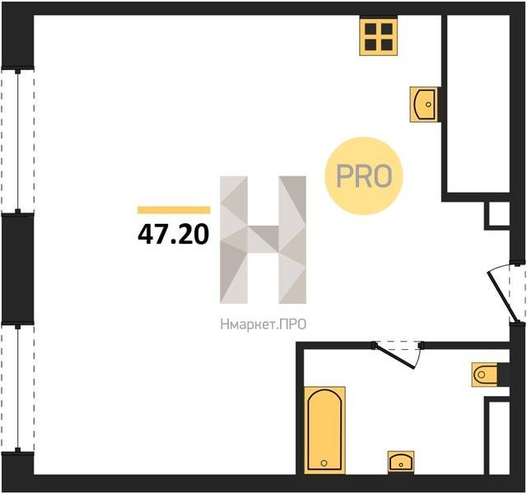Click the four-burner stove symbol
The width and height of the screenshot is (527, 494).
(379, 37)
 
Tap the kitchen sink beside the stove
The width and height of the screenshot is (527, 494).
(425, 105)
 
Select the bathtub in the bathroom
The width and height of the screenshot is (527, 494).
(324, 430)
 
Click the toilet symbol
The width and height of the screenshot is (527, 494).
(484, 375)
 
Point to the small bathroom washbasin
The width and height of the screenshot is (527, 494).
(401, 462)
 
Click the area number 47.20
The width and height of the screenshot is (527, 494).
(174, 234)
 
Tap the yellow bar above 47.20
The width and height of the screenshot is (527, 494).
(174, 210)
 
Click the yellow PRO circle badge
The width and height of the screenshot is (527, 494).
(364, 175)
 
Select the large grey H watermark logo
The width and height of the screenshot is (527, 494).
(263, 240)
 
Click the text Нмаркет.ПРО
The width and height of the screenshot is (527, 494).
(263, 324)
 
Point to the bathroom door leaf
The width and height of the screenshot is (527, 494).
(394, 356)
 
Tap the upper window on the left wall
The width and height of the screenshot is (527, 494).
(18, 141)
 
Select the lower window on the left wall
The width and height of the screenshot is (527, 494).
(18, 388)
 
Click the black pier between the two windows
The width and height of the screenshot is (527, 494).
(18, 268)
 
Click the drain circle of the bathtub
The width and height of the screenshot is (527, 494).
(324, 463)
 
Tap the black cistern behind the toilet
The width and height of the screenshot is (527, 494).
(503, 375)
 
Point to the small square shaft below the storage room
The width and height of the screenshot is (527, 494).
(499, 214)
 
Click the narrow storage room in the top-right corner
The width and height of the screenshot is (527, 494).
(478, 104)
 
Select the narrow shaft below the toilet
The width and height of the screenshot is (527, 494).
(499, 438)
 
